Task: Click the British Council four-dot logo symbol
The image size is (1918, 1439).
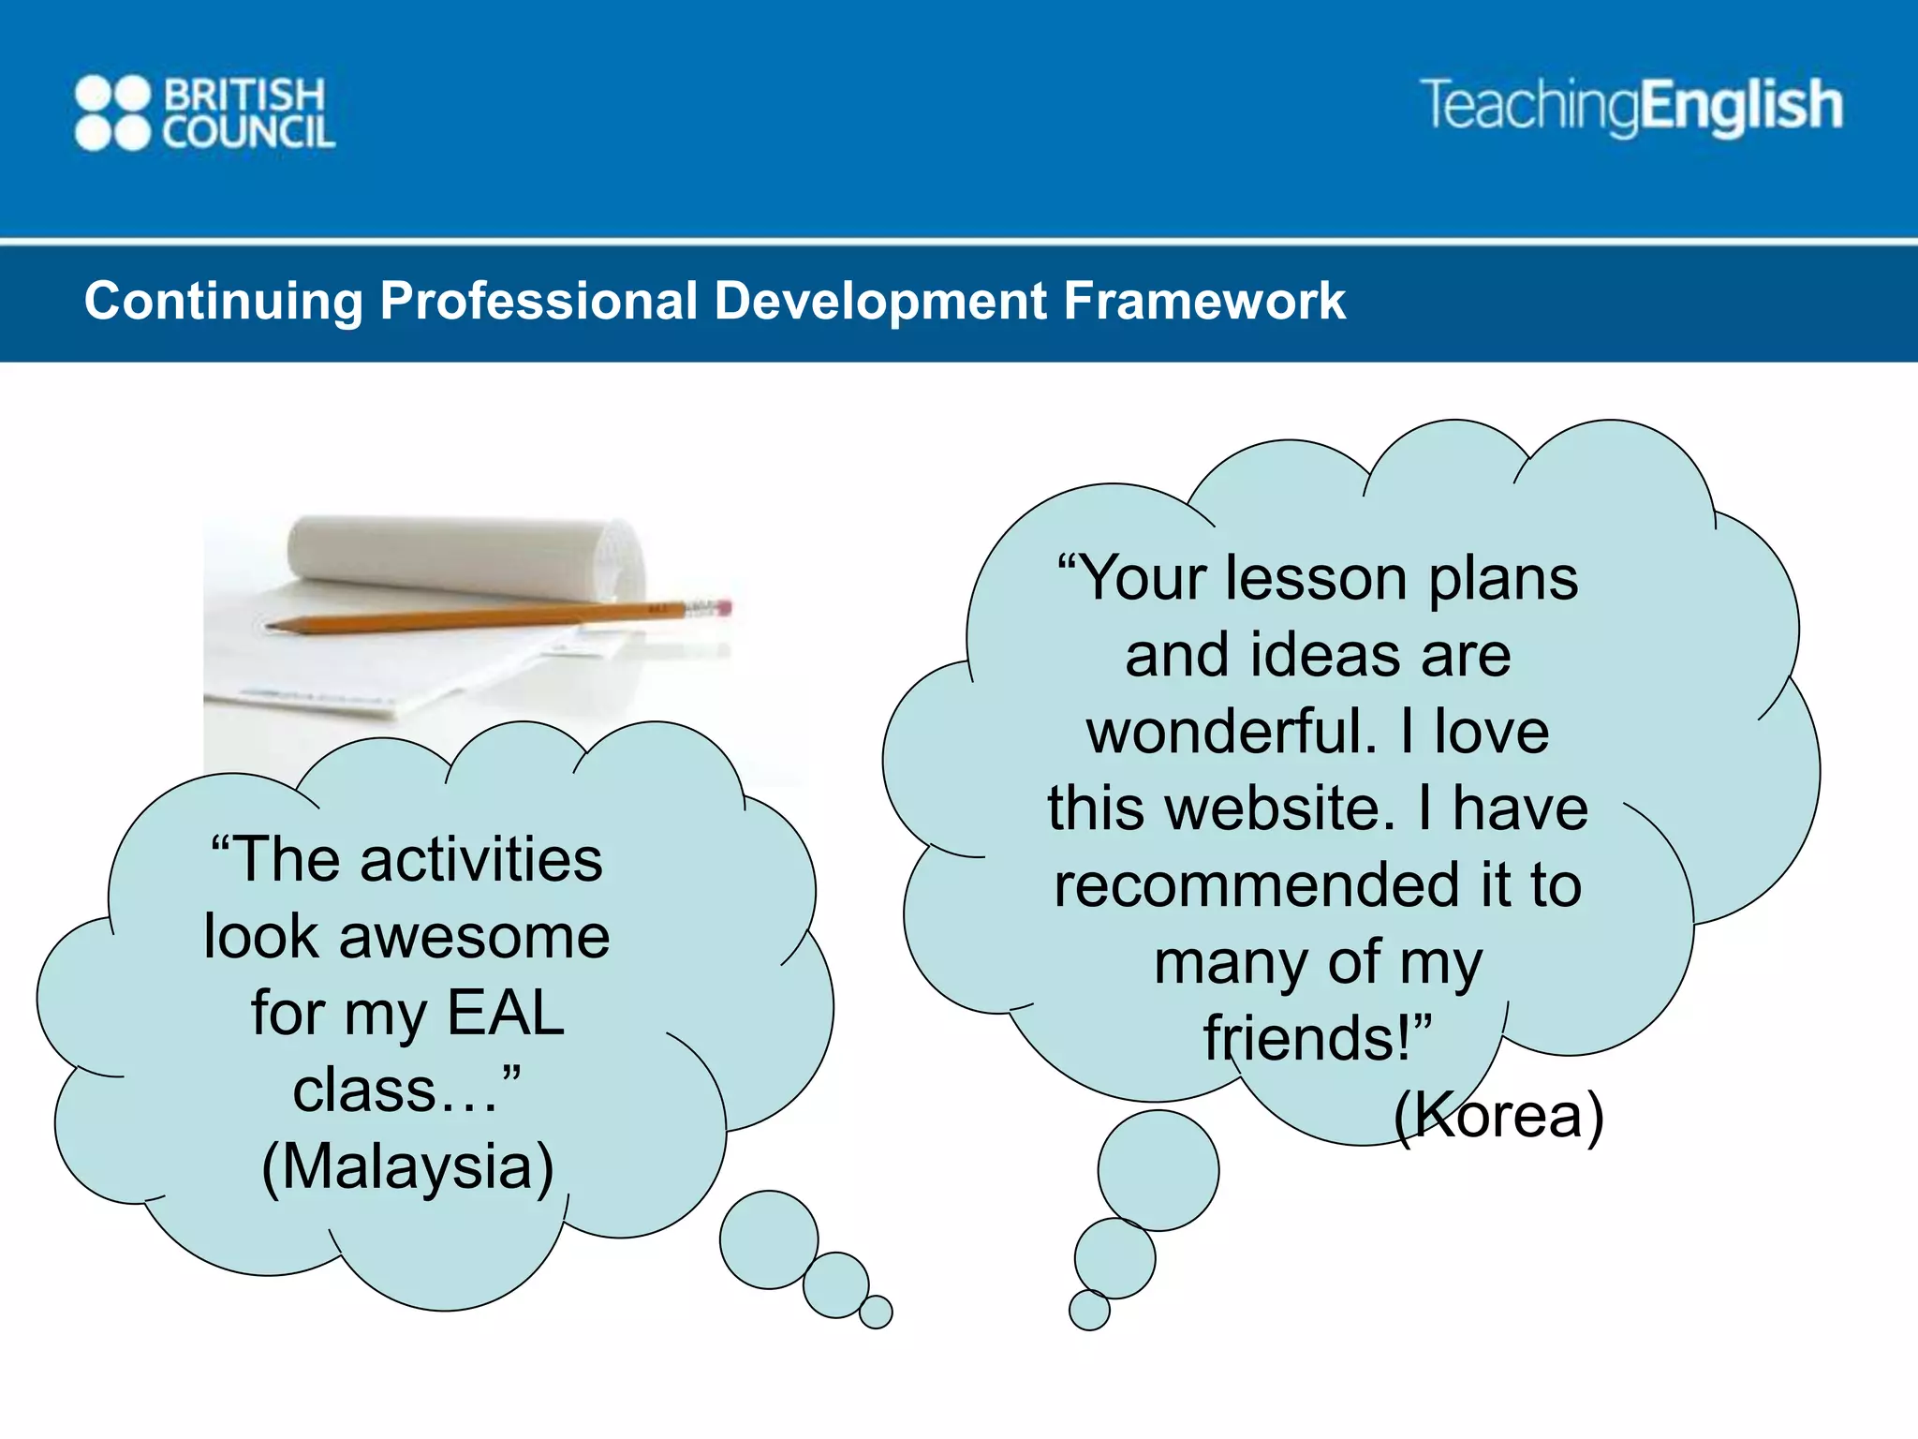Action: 112,113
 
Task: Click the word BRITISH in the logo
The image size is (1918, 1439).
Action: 244,95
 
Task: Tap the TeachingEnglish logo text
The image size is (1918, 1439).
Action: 1630,105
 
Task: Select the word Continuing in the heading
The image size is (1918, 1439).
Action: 223,302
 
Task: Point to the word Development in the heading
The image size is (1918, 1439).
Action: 880,302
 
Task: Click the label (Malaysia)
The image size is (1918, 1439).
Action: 407,1167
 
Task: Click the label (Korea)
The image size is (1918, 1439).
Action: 1498,1115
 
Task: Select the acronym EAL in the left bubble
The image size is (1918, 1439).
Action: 506,1014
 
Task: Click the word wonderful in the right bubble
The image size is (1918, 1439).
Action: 1232,732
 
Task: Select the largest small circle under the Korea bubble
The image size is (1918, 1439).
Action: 1158,1170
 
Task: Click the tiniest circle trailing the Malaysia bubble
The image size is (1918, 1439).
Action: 876,1312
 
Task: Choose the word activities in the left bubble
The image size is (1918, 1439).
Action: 481,860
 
